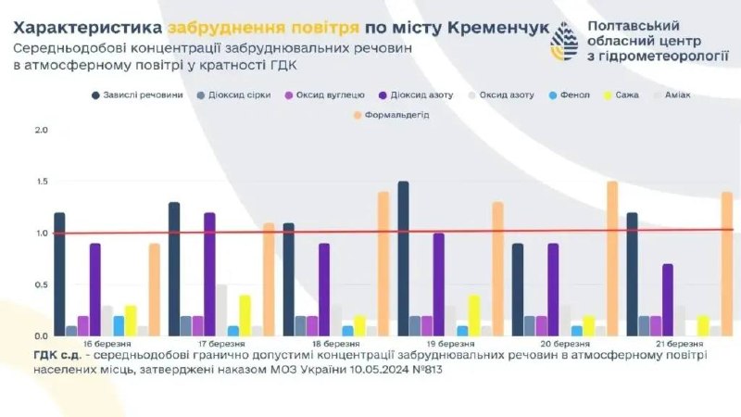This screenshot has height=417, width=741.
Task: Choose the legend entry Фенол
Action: tap(571, 95)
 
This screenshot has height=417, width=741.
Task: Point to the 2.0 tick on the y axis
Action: tap(41, 130)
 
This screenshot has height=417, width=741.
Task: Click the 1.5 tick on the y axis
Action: tap(41, 182)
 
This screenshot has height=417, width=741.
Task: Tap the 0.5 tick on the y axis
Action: tap(41, 284)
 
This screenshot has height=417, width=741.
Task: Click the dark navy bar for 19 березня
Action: tap(403, 259)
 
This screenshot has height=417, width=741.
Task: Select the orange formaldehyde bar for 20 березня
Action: tap(612, 259)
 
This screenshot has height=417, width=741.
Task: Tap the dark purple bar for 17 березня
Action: tap(209, 274)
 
